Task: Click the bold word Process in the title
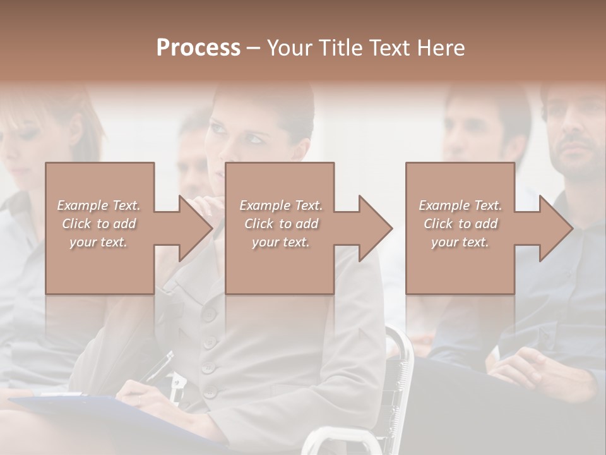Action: [198, 48]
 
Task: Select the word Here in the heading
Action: [439, 48]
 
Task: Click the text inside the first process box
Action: [98, 224]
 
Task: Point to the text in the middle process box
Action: [281, 224]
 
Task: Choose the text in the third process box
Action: [460, 224]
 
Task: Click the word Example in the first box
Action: [82, 205]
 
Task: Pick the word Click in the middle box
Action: [258, 224]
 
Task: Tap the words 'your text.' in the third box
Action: [460, 242]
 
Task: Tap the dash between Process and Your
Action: [253, 48]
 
